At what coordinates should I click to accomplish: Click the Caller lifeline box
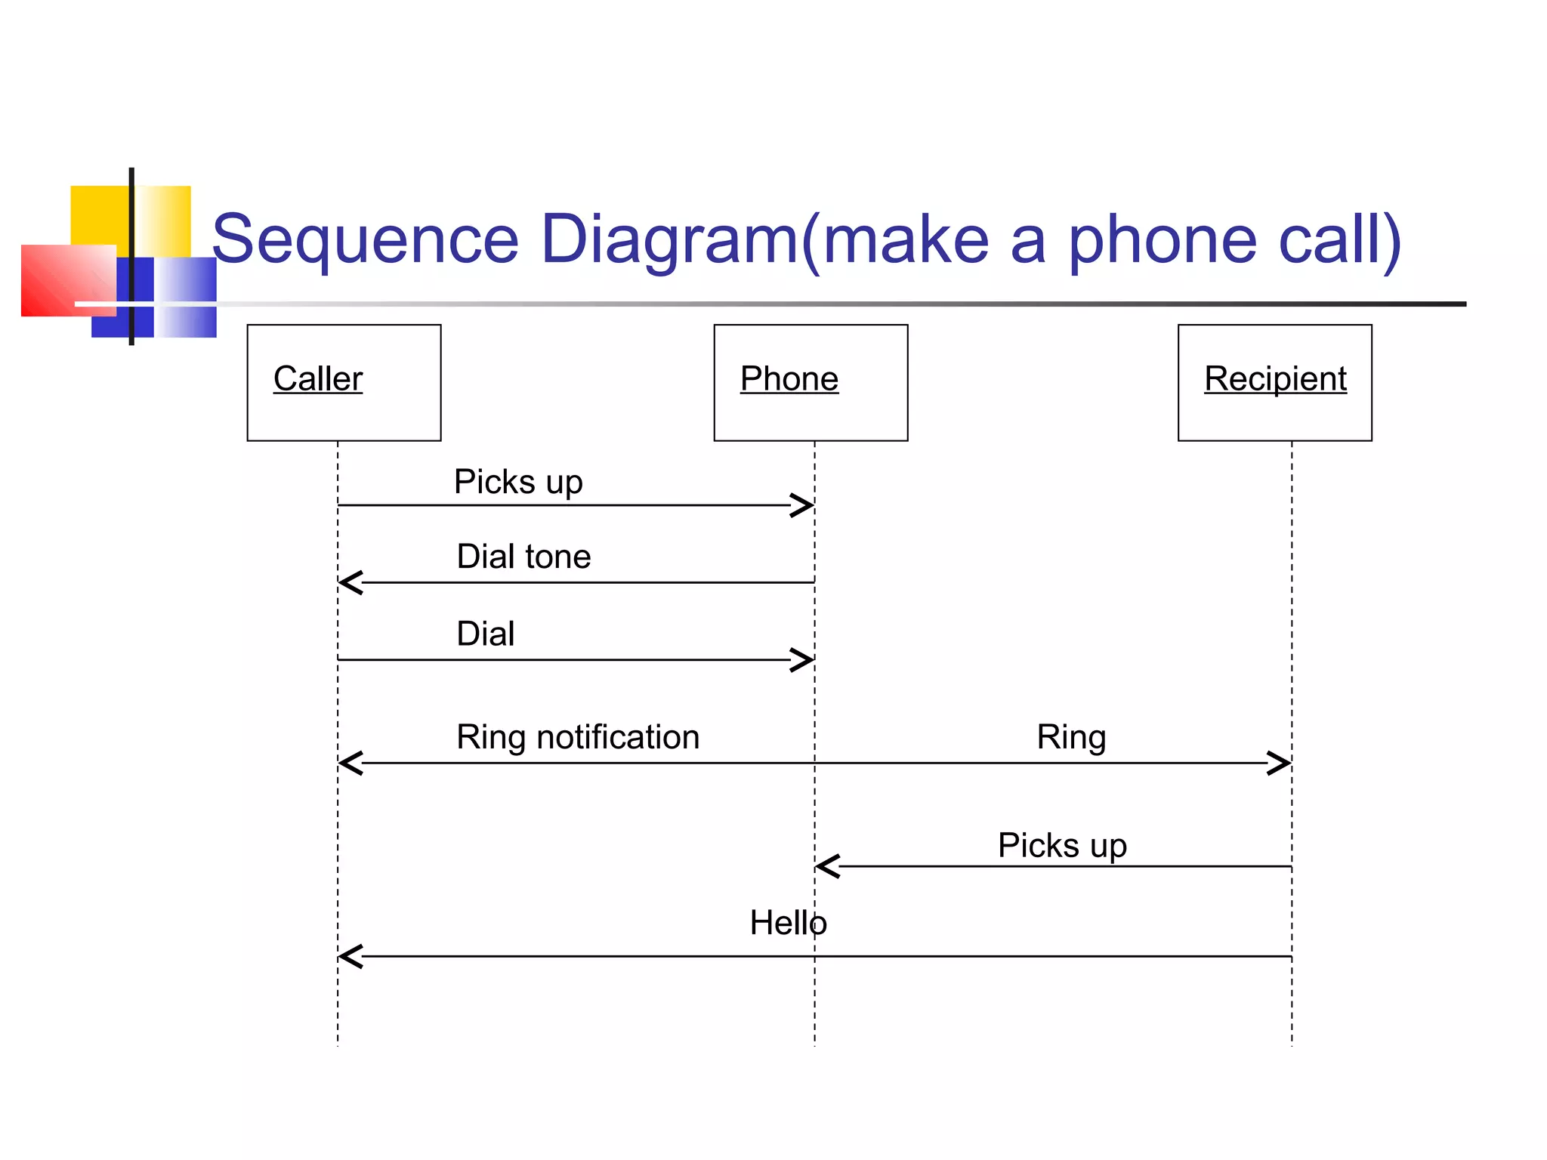coord(344,382)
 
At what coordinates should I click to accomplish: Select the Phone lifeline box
coord(811,382)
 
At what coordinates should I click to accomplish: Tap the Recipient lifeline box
coord(1274,382)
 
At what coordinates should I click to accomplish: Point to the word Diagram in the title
coord(669,239)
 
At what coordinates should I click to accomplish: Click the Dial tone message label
coord(523,557)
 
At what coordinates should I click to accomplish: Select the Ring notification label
coord(578,737)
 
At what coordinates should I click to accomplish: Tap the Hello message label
coord(788,923)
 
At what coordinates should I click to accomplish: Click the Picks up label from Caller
coord(518,482)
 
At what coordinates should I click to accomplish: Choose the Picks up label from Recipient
coord(1062,845)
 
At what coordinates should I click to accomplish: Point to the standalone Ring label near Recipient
coord(1071,737)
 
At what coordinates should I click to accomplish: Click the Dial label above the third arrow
coord(485,634)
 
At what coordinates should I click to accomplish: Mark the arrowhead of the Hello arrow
coord(350,956)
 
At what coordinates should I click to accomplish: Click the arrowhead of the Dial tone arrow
coord(350,582)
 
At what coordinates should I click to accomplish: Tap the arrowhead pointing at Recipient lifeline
coord(1279,763)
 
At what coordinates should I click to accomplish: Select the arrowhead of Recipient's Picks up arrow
coord(828,866)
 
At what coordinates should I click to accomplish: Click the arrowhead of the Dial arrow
coord(802,659)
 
